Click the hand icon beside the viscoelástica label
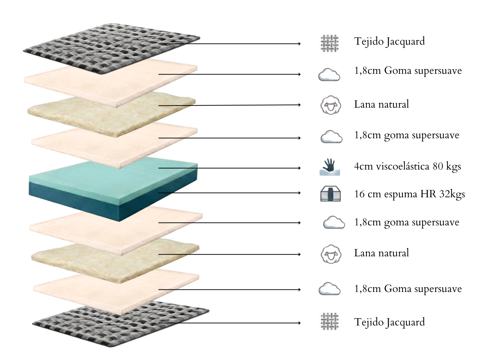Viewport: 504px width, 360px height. coord(330,167)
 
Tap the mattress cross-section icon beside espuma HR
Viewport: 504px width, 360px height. coord(330,194)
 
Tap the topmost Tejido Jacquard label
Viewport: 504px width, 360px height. coord(390,42)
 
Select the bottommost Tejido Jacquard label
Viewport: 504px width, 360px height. coord(390,323)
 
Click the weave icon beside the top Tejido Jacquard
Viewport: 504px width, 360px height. coord(330,44)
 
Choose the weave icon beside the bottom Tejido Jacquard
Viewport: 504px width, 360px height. coord(330,321)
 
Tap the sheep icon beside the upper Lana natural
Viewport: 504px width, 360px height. coord(330,105)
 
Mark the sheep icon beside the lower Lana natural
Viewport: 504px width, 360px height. coord(331,254)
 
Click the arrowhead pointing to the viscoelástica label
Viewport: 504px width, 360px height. coord(300,168)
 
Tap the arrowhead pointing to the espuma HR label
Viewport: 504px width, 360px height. coord(300,193)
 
